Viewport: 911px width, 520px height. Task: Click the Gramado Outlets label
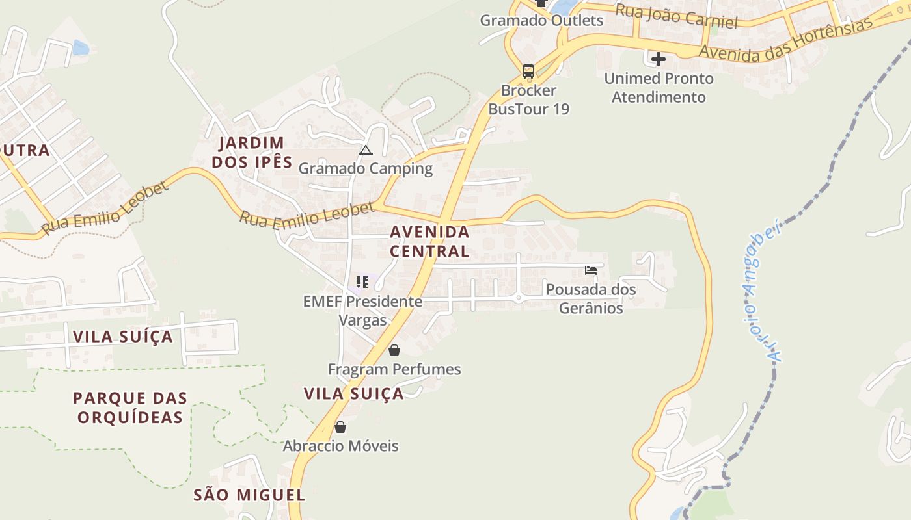pos(541,20)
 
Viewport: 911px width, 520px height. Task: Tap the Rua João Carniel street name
pos(677,16)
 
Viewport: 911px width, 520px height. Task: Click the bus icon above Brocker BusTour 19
pos(528,71)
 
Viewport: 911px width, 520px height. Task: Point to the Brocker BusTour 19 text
pos(528,99)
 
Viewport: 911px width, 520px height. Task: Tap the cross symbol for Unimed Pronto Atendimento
pos(659,60)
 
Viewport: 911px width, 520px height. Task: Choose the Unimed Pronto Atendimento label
pos(659,88)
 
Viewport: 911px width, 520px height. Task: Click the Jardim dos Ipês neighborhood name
pos(252,152)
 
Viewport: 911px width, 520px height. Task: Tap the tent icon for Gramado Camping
pos(366,151)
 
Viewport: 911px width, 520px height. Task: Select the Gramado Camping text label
pos(366,169)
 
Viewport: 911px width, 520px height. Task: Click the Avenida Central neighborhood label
pos(429,241)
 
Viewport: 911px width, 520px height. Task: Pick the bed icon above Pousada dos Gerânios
pos(591,270)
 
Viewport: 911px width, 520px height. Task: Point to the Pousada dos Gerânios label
pos(591,298)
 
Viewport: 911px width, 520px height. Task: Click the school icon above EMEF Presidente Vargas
pos(362,282)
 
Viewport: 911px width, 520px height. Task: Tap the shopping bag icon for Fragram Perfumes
pos(394,351)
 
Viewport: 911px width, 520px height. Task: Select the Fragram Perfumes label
pos(394,370)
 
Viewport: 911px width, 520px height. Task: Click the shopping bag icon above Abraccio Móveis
pos(340,427)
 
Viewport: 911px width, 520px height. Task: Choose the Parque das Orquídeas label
pos(130,408)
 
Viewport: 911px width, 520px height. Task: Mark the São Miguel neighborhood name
pos(249,495)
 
